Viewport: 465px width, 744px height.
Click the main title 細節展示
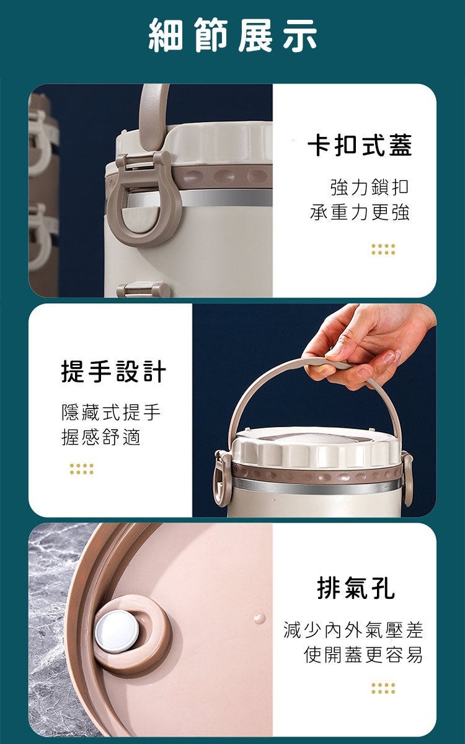[232, 35]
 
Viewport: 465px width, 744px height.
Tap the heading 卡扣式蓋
[360, 145]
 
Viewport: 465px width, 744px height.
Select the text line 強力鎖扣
[370, 187]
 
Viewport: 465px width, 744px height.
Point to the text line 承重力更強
[360, 212]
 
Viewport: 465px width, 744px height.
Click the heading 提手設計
[113, 371]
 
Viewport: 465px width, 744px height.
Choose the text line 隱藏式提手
[111, 412]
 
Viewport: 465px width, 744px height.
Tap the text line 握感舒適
[101, 436]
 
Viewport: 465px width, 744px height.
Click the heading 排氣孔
[356, 588]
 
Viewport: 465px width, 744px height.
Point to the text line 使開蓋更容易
[363, 654]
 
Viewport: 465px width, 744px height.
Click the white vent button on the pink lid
[117, 631]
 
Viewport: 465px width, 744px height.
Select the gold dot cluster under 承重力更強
[383, 249]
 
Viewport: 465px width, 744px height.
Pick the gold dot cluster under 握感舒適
[82, 469]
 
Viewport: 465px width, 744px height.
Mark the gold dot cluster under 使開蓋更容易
[383, 689]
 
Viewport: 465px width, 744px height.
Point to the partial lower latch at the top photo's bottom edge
[143, 290]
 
